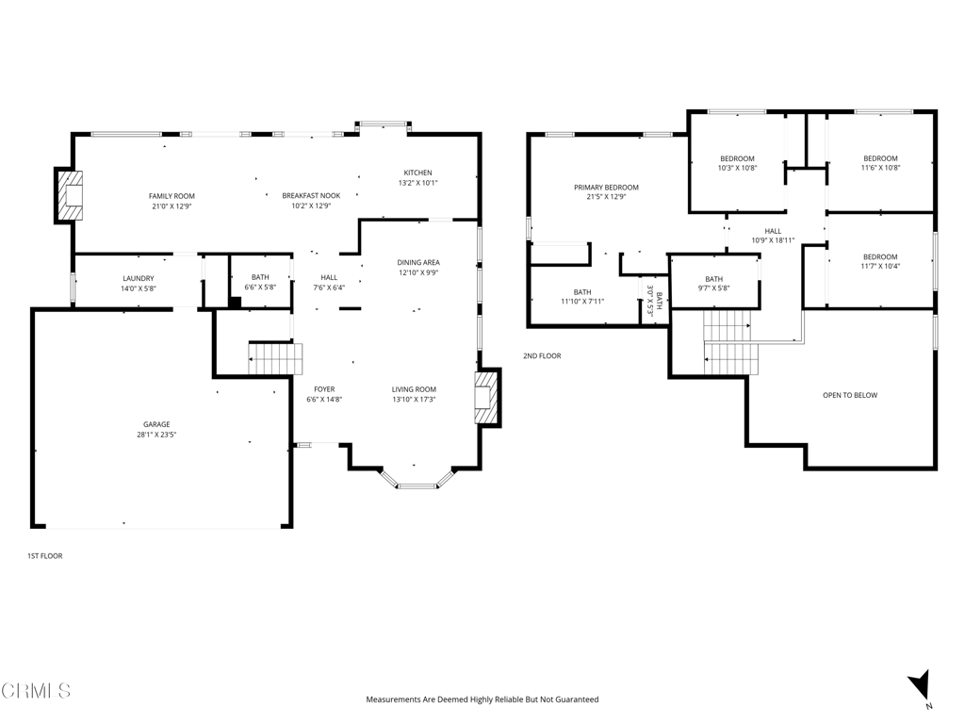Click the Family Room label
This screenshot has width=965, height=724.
[x=172, y=196]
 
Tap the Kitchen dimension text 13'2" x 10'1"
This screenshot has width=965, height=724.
[x=417, y=183]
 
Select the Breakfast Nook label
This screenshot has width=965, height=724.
[x=311, y=196]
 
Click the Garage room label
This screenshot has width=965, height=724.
[x=156, y=424]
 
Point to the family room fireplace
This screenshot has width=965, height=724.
[x=70, y=195]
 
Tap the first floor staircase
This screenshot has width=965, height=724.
[x=276, y=358]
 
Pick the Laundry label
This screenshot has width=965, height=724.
[x=139, y=278]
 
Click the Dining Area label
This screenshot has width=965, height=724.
[x=418, y=262]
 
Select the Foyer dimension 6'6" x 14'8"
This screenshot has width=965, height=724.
[x=324, y=399]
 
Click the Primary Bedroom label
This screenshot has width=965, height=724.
[x=606, y=188]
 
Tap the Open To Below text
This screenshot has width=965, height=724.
[x=850, y=395]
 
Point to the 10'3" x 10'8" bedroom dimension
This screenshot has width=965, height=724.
[x=737, y=168]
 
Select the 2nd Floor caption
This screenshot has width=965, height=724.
[x=542, y=355]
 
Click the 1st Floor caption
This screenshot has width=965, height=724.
[x=45, y=556]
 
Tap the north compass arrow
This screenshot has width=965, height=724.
[x=920, y=685]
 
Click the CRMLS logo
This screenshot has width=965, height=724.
[x=36, y=691]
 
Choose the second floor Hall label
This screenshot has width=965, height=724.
[x=773, y=231]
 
